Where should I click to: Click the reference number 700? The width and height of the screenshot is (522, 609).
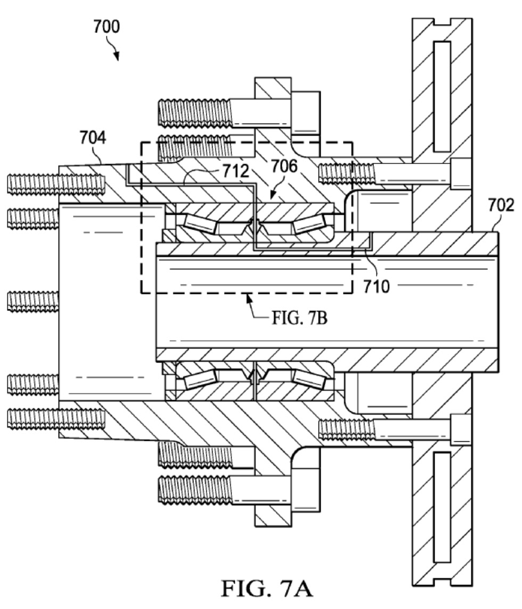pos(106,27)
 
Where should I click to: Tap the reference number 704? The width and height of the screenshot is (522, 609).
pos(93,138)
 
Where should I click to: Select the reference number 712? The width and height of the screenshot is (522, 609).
pos(235,171)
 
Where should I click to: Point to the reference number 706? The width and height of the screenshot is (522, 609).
pos(284,166)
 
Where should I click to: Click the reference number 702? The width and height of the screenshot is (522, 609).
pos(501,204)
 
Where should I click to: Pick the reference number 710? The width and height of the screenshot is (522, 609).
pos(376,286)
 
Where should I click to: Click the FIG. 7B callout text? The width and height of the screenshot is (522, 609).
pos(299,318)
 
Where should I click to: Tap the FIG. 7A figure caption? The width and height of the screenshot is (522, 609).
pos(267,588)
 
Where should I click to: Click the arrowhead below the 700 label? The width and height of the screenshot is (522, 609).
pos(116,57)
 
